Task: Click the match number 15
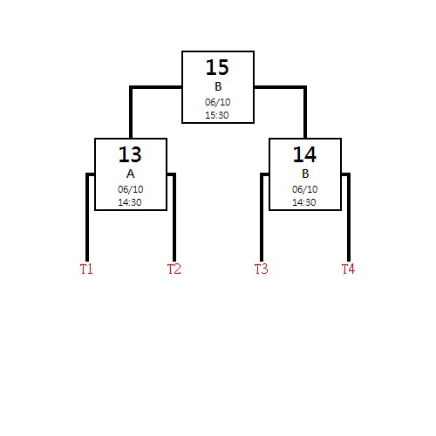coord(217,67)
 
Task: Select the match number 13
coord(130,154)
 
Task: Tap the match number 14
coord(304,154)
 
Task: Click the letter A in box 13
coord(131,174)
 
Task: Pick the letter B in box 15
coord(218,86)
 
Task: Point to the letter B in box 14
coord(305,174)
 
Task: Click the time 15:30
coord(217,115)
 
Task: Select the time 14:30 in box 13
coord(130,202)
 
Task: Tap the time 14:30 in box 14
coord(304,202)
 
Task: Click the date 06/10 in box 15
coord(218,102)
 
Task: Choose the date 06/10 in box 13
coord(131,189)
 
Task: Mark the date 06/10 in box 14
coord(305,189)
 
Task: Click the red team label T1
coord(86,269)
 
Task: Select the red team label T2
coord(174,269)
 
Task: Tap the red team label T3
coord(262,269)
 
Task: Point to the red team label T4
coord(348,269)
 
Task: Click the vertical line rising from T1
coord(87,217)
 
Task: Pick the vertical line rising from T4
coord(349,217)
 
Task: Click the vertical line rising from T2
coord(174,217)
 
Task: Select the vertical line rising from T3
coord(262,217)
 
